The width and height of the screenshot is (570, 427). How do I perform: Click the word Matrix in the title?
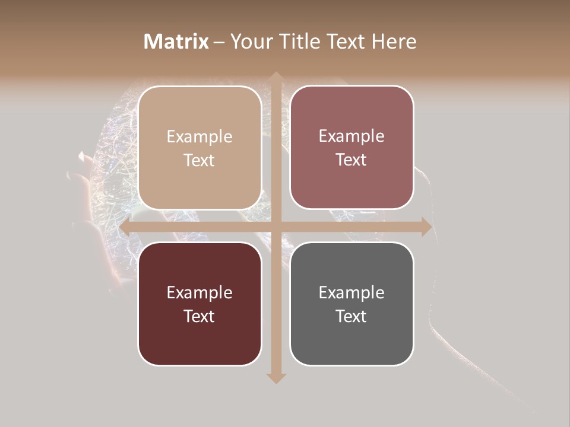point(176,42)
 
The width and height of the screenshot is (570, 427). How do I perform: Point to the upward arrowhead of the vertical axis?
point(275,77)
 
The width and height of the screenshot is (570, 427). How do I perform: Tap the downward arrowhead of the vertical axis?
point(275,378)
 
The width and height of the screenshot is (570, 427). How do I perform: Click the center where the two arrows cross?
point(275,227)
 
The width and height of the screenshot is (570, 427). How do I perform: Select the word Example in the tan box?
point(199,137)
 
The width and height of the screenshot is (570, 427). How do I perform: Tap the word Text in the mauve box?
point(351,160)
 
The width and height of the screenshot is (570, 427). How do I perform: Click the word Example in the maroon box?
point(199,293)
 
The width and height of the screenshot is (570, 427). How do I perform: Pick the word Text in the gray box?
point(351,316)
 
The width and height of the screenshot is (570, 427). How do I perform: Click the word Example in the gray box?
point(351,293)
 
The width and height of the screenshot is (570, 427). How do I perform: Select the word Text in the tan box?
point(199,161)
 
